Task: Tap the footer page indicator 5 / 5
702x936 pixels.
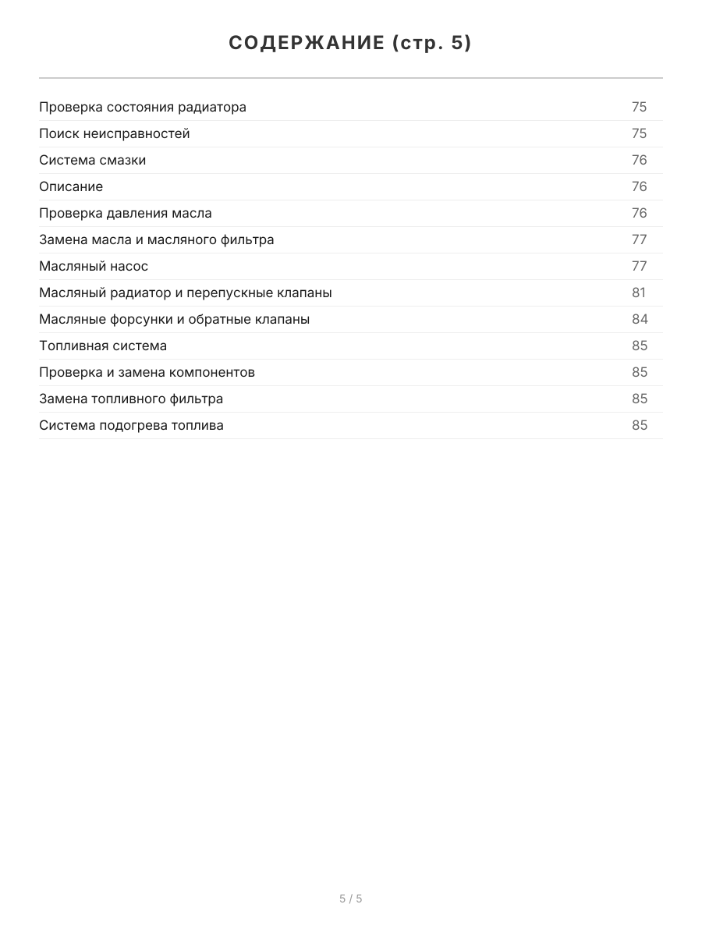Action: tap(350, 899)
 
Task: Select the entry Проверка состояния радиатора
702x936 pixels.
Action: tap(143, 107)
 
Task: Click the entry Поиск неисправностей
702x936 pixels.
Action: tap(115, 133)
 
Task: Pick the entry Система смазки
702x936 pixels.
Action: tap(93, 160)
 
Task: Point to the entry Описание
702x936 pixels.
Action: tap(71, 186)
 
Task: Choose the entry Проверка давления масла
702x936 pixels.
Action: tap(126, 213)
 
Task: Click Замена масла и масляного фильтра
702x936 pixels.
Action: tap(157, 239)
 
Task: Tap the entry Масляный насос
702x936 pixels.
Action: tap(94, 266)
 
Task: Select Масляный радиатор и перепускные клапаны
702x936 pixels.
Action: tap(186, 292)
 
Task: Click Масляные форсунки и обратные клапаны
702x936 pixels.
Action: tap(175, 319)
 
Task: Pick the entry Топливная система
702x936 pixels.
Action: tap(103, 346)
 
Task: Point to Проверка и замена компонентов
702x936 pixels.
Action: tap(147, 372)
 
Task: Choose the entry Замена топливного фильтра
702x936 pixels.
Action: tap(131, 399)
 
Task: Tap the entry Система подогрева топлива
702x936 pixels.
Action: tap(131, 425)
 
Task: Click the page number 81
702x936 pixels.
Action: tap(640, 292)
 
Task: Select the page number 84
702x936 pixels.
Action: tap(640, 319)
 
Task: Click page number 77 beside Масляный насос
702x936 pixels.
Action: tap(640, 266)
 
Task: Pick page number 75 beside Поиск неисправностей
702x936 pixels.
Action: tap(640, 133)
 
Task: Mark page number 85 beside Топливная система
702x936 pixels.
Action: tap(640, 346)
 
